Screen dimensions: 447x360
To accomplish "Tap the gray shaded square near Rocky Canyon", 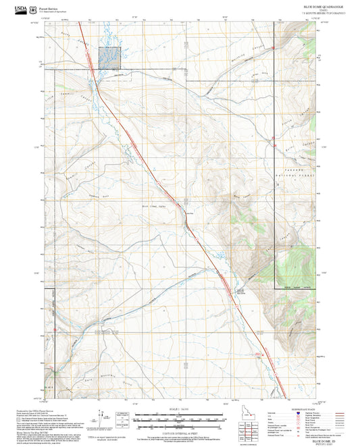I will [109, 58].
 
